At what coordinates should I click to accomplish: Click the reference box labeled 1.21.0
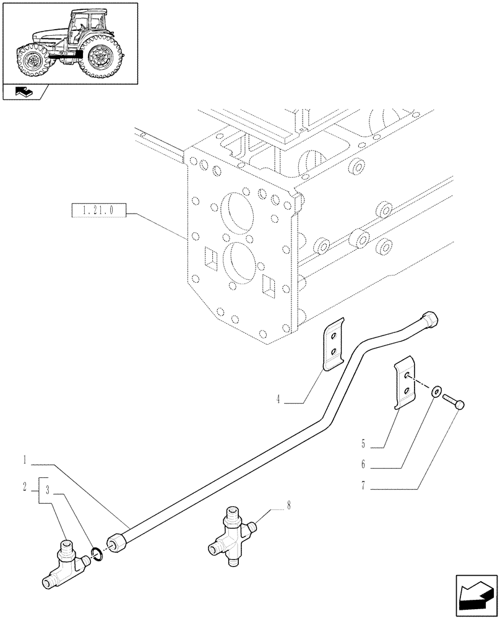(99, 212)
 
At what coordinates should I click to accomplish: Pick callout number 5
(364, 444)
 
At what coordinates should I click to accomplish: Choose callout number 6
(364, 463)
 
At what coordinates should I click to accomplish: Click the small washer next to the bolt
(437, 391)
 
